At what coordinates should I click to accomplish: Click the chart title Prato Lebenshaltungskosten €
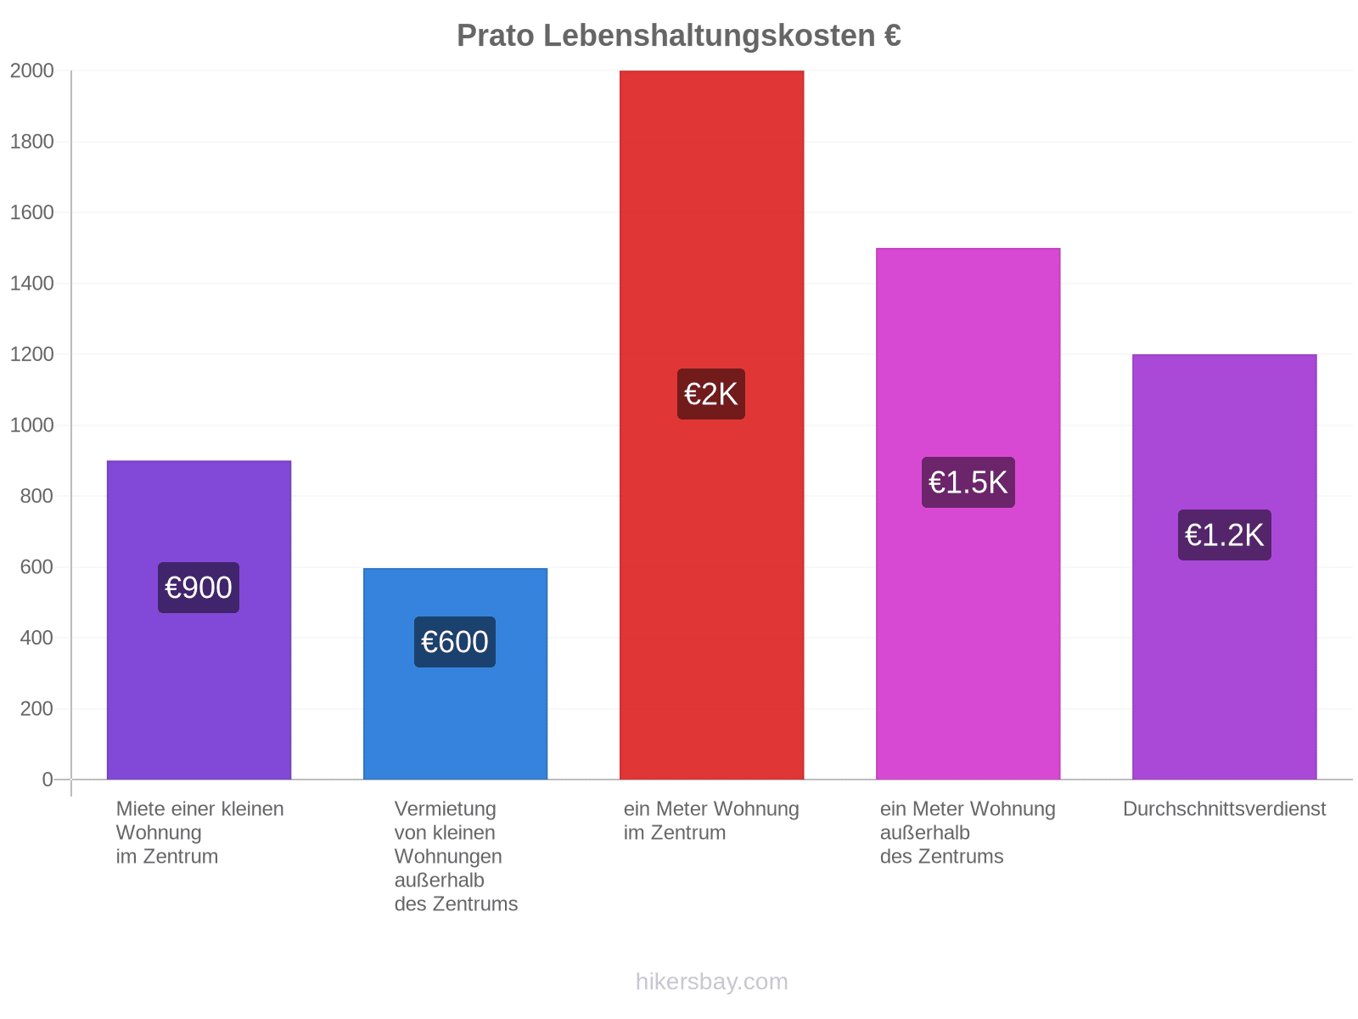click(679, 36)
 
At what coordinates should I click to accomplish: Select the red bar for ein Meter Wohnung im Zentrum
click(711, 425)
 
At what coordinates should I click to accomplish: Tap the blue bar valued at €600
click(455, 673)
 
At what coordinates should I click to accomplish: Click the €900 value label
click(199, 587)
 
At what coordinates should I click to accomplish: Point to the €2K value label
click(711, 393)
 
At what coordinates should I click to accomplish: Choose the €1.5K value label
click(968, 482)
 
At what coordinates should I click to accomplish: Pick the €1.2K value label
click(1225, 535)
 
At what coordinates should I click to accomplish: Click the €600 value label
click(455, 642)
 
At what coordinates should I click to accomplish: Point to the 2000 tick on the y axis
click(31, 70)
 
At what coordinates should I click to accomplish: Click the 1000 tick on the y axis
click(31, 425)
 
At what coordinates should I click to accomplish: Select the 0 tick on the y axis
click(48, 779)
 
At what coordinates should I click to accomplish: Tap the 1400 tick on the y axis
click(31, 284)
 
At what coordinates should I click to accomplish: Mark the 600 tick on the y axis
click(36, 566)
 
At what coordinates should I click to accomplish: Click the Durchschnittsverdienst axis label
click(1225, 808)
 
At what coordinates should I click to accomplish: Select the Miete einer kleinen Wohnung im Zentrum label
click(199, 832)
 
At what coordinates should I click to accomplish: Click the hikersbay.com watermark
click(711, 982)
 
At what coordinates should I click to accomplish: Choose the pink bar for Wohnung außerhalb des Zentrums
click(968, 514)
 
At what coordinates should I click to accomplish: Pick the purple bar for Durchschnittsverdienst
click(1225, 566)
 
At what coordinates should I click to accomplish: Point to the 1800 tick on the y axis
click(31, 142)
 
